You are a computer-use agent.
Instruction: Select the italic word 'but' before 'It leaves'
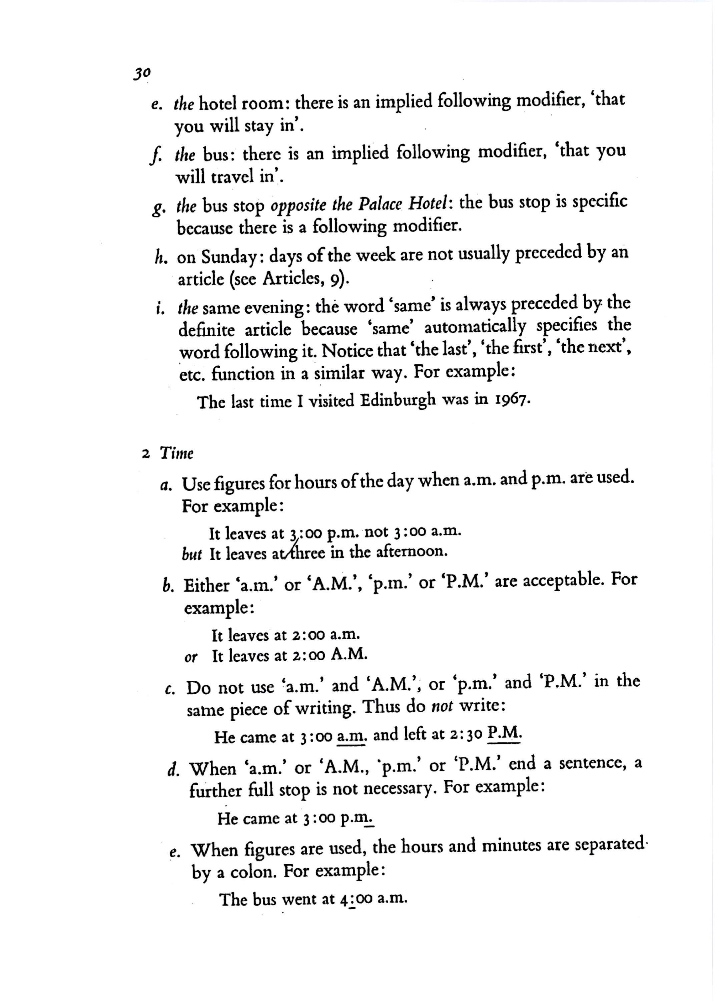pyautogui.click(x=191, y=555)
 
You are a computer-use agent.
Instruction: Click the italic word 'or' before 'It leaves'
pyautogui.click(x=191, y=658)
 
